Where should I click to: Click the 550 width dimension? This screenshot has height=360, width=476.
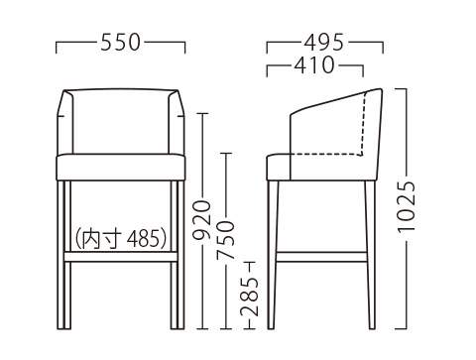pyautogui.click(x=121, y=43)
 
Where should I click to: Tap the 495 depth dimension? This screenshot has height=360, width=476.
pyautogui.click(x=324, y=43)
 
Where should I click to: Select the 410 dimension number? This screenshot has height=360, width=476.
pyautogui.click(x=314, y=65)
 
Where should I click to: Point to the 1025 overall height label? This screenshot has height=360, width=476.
pyautogui.click(x=407, y=207)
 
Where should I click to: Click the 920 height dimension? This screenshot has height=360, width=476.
pyautogui.click(x=201, y=219)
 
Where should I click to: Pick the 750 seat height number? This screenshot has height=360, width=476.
pyautogui.click(x=225, y=240)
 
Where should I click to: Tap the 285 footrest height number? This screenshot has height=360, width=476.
pyautogui.click(x=249, y=297)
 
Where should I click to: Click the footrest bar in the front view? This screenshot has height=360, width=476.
pyautogui.click(x=121, y=257)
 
